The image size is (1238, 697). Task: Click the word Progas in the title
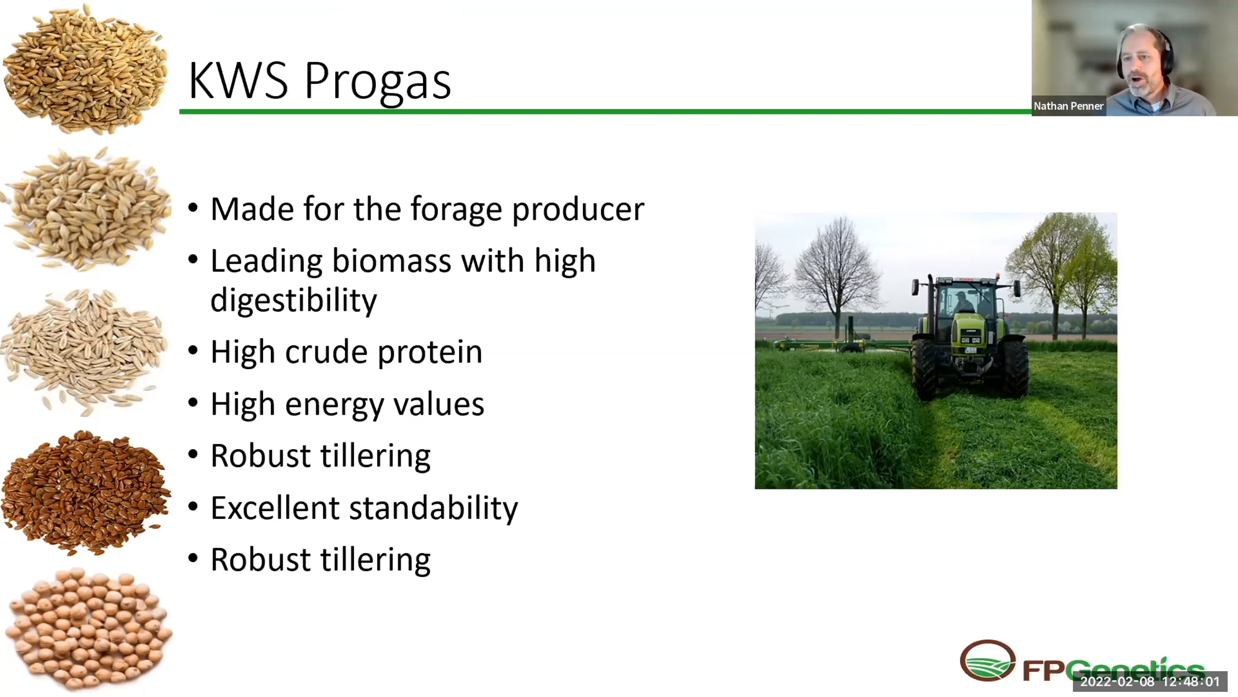tap(378, 82)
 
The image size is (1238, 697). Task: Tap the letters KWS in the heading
tap(238, 81)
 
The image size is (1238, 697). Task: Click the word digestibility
tap(294, 300)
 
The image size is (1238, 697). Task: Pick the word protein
tap(430, 353)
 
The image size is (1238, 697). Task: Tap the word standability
tap(433, 508)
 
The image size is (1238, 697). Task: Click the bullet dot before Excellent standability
tap(193, 506)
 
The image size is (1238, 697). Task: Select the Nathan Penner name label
tap(1068, 106)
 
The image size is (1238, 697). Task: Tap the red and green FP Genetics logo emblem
tap(987, 660)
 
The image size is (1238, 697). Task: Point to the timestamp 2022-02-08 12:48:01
tap(1150, 682)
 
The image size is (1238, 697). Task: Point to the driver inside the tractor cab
tap(961, 303)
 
